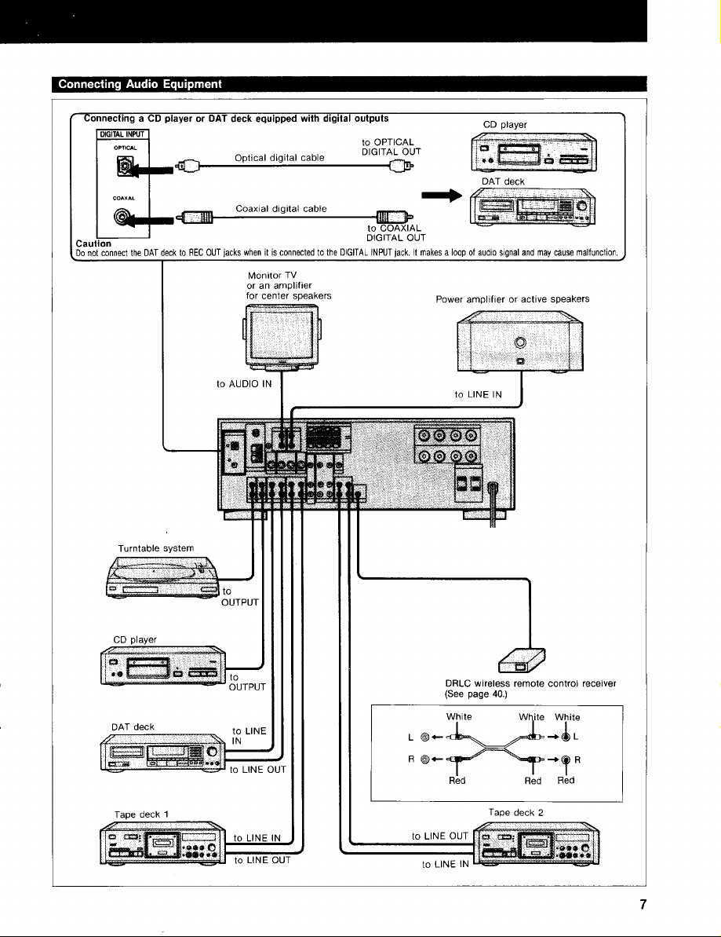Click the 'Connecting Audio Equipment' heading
pos(140,84)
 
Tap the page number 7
pos(643,905)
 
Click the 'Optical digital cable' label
pos(279,158)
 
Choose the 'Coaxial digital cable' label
pos(281,209)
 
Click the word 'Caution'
pos(93,243)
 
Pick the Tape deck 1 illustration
pos(162,844)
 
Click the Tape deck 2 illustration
pos(536,844)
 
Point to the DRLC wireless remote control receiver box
pos(522,661)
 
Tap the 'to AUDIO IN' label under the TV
pos(243,384)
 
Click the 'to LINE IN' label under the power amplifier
pos(478,394)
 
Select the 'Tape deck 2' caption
pos(515,813)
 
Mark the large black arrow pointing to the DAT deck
pos(442,196)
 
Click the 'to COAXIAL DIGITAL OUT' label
pos(395,233)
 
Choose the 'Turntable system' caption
pos(156,548)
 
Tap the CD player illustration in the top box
pos(533,152)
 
